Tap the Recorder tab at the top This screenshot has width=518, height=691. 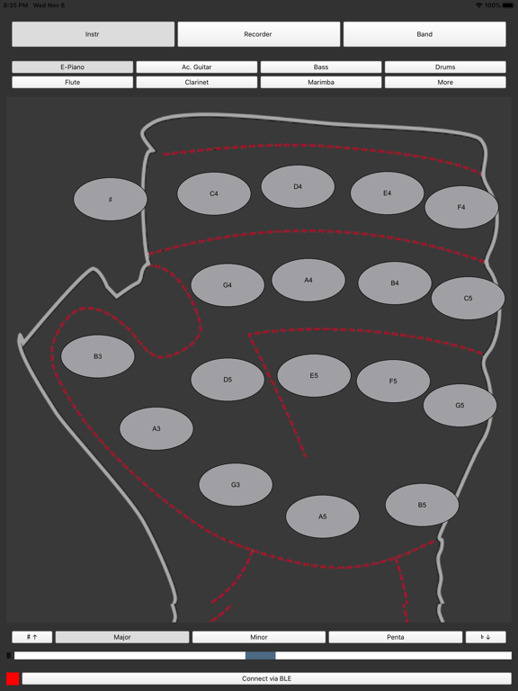pyautogui.click(x=259, y=34)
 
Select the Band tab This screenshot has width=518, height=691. pyautogui.click(x=424, y=34)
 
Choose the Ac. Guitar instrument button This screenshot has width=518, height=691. pyautogui.click(x=196, y=67)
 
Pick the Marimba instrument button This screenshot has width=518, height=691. pyautogui.click(x=321, y=82)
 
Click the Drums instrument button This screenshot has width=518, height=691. pyautogui.click(x=445, y=67)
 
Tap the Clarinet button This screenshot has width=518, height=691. pyautogui.click(x=196, y=82)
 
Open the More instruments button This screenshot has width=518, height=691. pyautogui.click(x=445, y=82)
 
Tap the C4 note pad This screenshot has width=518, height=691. pyautogui.click(x=214, y=193)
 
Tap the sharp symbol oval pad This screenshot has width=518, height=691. pyautogui.click(x=110, y=199)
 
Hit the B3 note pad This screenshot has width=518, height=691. pyautogui.click(x=98, y=356)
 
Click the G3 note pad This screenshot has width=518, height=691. pyautogui.click(x=236, y=484)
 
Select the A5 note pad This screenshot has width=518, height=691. pyautogui.click(x=323, y=516)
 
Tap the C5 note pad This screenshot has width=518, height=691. pyautogui.click(x=468, y=298)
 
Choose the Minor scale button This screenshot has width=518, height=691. pyautogui.click(x=259, y=637)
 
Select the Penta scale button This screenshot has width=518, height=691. pyautogui.click(x=395, y=637)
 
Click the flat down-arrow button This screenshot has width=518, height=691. pyautogui.click(x=486, y=637)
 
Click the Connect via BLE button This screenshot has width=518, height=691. pyautogui.click(x=266, y=678)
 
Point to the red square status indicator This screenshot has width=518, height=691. pyautogui.click(x=13, y=678)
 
